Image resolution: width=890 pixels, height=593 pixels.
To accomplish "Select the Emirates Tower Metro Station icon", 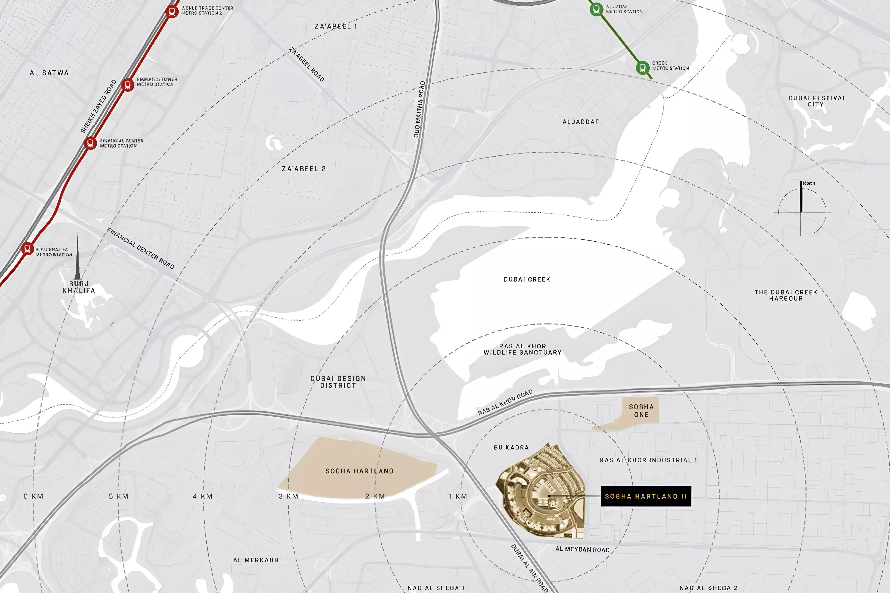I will click(x=128, y=85).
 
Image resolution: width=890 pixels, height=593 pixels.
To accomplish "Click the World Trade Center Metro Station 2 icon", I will click(x=172, y=11).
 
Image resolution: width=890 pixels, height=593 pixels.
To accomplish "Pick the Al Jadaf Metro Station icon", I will click(x=597, y=9).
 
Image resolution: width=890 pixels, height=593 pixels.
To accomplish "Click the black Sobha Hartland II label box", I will click(x=646, y=496).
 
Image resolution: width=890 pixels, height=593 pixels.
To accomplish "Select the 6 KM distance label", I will click(x=33, y=496).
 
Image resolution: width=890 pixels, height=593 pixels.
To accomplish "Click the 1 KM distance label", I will click(x=458, y=496).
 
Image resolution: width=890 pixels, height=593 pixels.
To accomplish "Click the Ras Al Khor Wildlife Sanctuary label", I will click(x=522, y=349).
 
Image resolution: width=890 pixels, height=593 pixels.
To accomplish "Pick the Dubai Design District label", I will click(x=338, y=382).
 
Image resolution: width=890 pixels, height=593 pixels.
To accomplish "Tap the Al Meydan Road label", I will click(x=583, y=549).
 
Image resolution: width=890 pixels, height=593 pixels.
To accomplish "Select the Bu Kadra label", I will click(x=511, y=447).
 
